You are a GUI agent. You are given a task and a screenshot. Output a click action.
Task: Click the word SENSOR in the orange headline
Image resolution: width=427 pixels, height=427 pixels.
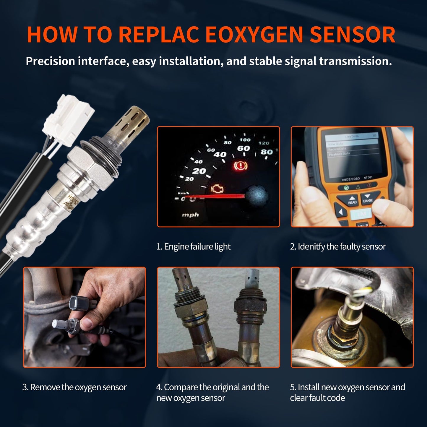352,35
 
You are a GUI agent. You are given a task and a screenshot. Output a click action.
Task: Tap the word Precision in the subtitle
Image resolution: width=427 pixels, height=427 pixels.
50,61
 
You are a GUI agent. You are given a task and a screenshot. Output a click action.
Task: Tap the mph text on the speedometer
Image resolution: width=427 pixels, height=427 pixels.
190,215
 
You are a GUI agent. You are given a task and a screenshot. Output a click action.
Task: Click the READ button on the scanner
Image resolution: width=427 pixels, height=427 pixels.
352,200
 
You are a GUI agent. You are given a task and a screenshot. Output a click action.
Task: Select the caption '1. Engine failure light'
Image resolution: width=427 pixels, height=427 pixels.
193,246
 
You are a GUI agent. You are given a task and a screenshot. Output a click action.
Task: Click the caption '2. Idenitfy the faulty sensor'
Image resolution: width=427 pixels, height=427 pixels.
338,246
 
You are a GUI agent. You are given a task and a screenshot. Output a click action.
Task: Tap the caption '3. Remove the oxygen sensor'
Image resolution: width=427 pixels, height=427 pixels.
74,387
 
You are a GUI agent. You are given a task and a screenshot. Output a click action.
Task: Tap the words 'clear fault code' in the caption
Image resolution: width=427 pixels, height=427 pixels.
317,398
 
